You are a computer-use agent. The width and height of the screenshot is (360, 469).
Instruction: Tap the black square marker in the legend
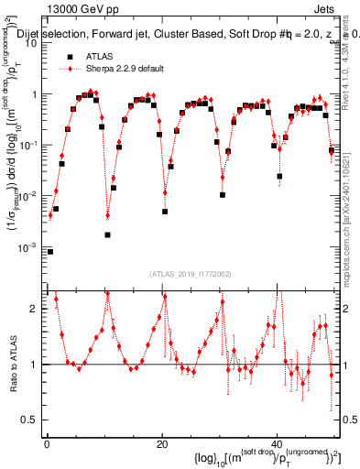67,57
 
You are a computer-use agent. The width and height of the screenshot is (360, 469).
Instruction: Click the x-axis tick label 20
161,445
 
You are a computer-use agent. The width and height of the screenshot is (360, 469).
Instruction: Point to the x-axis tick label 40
277,445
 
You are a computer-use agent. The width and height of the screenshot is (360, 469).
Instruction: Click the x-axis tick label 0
46,445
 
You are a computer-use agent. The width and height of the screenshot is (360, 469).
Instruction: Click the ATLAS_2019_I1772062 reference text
192,274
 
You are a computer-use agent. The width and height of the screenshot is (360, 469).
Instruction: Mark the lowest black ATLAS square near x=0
50,251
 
